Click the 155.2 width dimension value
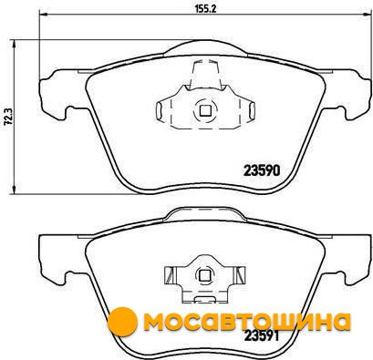[x=205, y=9]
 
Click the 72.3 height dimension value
[x=8, y=117]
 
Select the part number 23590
[x=262, y=171]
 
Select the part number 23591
[x=262, y=336]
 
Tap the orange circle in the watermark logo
[x=122, y=322]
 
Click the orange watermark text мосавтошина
[x=247, y=322]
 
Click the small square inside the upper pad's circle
[x=205, y=110]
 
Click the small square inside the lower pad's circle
[x=204, y=275]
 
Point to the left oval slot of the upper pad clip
[x=159, y=110]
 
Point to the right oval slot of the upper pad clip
[x=252, y=110]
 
